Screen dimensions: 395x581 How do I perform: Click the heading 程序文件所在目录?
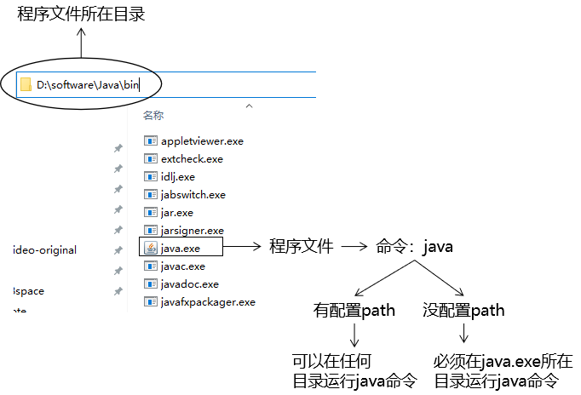tap(82, 14)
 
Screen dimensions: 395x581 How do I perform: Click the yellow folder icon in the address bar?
tap(26, 85)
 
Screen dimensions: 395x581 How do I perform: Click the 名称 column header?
tap(153, 115)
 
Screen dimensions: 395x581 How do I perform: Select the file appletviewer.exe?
tap(202, 140)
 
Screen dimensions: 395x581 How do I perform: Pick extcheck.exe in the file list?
tap(192, 158)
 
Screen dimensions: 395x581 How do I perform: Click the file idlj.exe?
tap(177, 176)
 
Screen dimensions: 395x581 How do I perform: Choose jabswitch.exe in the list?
tap(193, 194)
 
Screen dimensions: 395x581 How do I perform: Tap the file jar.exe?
tap(176, 212)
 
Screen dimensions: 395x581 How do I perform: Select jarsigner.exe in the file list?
tap(192, 230)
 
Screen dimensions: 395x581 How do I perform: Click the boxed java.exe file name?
tap(181, 248)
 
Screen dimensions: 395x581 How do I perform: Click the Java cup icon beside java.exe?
tap(151, 248)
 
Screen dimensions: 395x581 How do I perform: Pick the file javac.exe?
tap(182, 266)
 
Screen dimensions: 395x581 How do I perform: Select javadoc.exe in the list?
tap(189, 283)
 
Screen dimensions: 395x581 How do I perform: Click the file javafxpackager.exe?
tap(208, 301)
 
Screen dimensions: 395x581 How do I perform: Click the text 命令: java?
tap(414, 247)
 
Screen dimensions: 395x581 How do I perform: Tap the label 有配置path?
tap(354, 311)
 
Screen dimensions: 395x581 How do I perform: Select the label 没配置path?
tap(463, 311)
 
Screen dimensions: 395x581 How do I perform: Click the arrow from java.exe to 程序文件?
tap(244, 247)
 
